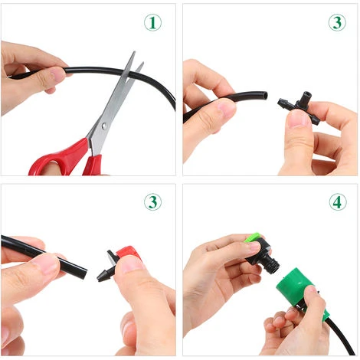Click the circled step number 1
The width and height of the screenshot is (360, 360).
152,23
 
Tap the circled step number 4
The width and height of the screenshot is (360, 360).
338,201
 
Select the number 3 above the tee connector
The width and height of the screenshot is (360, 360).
337,22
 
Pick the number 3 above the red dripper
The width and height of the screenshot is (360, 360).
152,201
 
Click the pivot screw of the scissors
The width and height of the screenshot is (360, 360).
104,126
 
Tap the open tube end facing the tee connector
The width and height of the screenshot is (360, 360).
265,96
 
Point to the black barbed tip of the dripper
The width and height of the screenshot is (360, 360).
103,277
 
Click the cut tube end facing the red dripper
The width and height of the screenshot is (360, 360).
82,274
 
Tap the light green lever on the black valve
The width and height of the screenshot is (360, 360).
252,237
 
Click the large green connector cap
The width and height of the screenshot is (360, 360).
296,286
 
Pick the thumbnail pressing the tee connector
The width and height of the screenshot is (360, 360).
296,119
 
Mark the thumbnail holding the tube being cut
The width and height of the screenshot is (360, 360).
58,75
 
